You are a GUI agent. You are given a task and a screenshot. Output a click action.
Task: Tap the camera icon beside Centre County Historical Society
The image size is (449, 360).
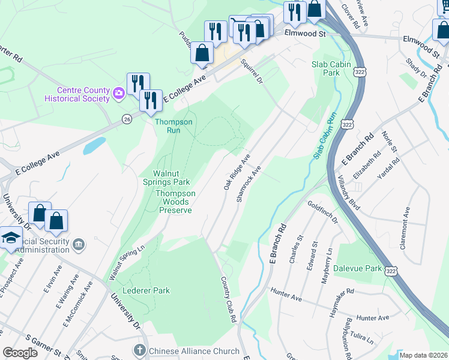tap(118, 92)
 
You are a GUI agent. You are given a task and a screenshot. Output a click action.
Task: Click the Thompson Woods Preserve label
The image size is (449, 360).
tap(175, 202)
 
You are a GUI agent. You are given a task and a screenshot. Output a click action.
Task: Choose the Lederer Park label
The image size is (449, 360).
tap(146, 290)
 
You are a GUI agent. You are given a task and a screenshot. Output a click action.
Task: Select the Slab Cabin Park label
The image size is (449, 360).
tap(325, 68)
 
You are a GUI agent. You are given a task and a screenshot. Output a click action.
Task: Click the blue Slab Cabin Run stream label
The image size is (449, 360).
tap(323, 135)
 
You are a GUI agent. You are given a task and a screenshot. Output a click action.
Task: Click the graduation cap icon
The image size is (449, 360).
tap(10, 238)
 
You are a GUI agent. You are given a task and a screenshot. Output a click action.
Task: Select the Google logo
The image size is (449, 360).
tap(20, 353)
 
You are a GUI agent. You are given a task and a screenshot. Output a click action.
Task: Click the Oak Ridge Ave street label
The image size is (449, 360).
tap(237, 172)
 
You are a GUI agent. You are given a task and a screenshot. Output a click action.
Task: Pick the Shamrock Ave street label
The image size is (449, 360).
tap(249, 184)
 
